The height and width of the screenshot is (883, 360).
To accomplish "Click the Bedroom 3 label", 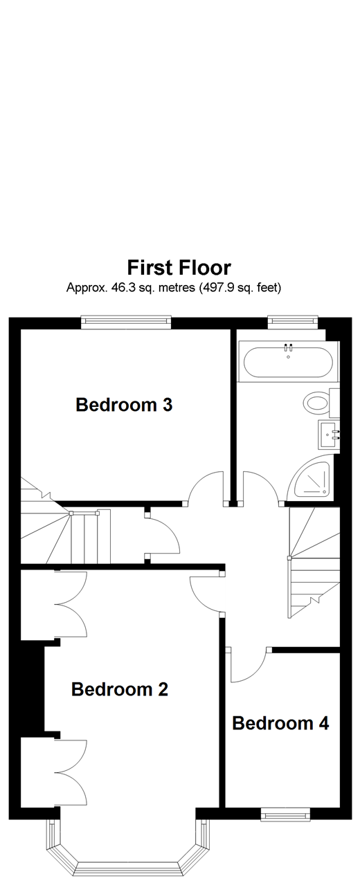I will [x=123, y=405].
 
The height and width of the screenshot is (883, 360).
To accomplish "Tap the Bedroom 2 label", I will [x=120, y=689].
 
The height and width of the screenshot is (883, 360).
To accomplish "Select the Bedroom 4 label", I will [x=280, y=723].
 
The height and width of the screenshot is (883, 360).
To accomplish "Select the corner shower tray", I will [x=312, y=481].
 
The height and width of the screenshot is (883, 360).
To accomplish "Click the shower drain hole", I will [x=323, y=491].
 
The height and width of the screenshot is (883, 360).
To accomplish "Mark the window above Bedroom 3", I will [x=125, y=321].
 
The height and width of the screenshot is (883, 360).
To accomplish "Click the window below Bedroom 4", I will [x=285, y=814].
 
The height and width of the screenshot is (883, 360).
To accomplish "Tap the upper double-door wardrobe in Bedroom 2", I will [x=69, y=604].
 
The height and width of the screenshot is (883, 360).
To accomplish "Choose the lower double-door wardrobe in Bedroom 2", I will [x=69, y=772].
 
